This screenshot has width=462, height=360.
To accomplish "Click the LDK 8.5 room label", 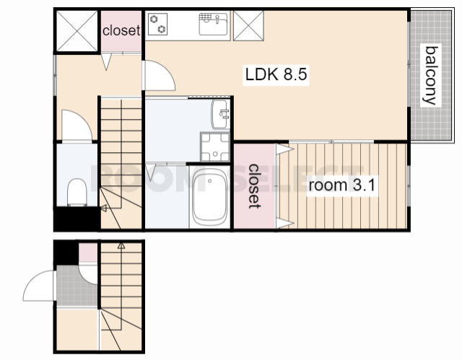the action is [x=276, y=74].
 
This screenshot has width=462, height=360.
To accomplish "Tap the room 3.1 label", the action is [x=341, y=185].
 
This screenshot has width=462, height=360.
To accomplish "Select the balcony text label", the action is [x=430, y=75].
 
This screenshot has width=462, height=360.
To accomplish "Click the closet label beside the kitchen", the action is [x=121, y=30].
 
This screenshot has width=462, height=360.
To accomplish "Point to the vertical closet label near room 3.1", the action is [x=254, y=186].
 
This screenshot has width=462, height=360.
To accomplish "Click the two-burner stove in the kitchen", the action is [x=157, y=24].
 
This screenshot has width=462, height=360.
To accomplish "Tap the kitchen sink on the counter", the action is [x=214, y=24].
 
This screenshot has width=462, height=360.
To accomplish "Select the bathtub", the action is [x=209, y=197].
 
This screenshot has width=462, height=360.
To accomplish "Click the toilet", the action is [x=77, y=192].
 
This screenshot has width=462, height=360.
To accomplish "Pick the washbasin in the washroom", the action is [x=220, y=114].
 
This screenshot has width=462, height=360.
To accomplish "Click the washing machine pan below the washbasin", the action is [x=215, y=147].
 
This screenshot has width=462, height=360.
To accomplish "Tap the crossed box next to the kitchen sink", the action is [x=248, y=25].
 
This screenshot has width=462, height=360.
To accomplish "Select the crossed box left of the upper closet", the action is [x=77, y=31].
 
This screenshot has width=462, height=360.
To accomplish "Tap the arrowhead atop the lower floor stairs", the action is [x=121, y=246].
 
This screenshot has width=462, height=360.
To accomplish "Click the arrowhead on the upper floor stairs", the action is [x=103, y=208].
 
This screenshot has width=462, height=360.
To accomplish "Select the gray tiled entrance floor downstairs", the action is [x=77, y=286].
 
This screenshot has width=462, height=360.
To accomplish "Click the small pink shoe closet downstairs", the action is [x=88, y=253].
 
